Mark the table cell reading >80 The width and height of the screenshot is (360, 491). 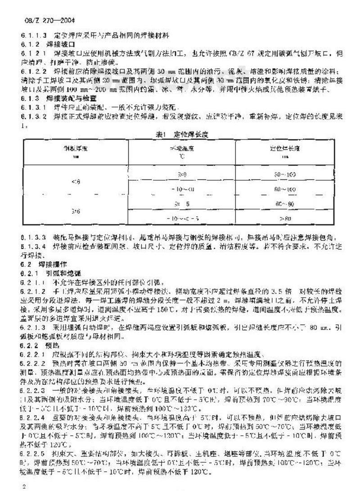[x=285, y=219]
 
